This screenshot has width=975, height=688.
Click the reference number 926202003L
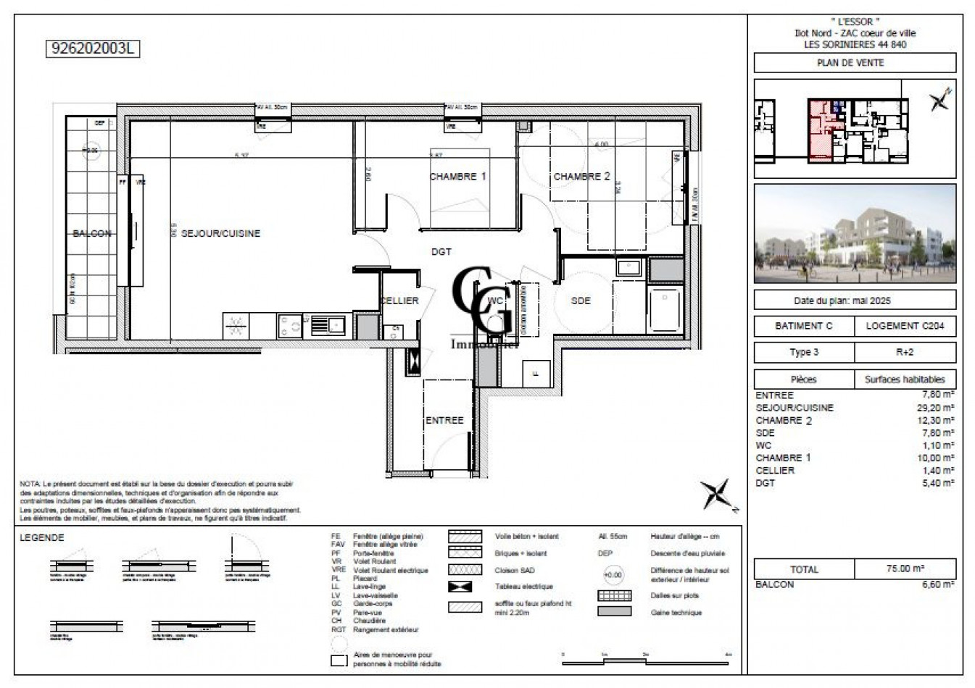(91, 49)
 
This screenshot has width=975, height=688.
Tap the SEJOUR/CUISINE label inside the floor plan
(220, 234)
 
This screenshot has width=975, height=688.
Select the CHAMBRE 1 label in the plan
(457, 177)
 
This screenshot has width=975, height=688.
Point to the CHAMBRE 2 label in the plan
(581, 177)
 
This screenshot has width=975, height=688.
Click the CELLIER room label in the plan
(399, 301)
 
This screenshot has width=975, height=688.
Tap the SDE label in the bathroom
(581, 301)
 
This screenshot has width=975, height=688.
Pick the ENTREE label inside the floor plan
(444, 420)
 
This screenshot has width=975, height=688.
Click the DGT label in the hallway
(441, 252)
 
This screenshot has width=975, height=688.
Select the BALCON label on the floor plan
(92, 234)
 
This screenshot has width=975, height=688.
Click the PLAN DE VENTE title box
(855, 63)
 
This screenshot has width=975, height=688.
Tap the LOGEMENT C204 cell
(905, 326)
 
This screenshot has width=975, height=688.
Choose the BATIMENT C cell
(804, 326)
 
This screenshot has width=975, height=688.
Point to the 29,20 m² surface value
(937, 408)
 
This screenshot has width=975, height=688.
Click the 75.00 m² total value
(905, 569)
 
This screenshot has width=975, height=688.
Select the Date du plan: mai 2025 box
(855, 300)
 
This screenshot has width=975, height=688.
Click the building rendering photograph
(855, 233)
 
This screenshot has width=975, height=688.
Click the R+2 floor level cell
(905, 353)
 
